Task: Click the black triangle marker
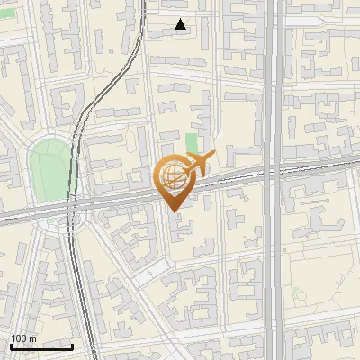point(181,24)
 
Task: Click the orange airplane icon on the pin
point(198,164)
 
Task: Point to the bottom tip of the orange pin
point(173,211)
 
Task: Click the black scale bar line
point(41,346)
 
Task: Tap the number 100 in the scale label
point(19,338)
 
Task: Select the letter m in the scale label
point(32,338)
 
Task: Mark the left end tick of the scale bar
point(11,345)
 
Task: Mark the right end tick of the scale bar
point(73,345)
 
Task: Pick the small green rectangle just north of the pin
point(191,143)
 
